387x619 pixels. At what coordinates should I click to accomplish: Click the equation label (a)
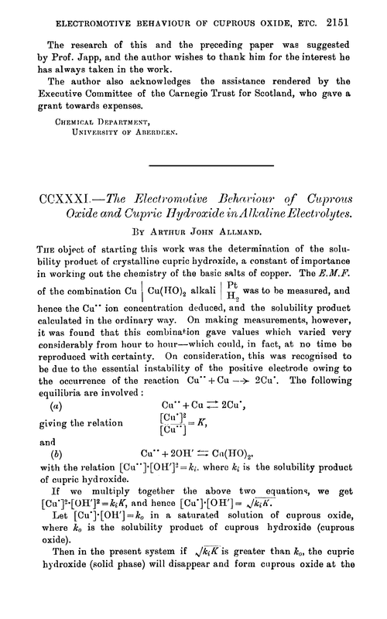pos(54,405)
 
